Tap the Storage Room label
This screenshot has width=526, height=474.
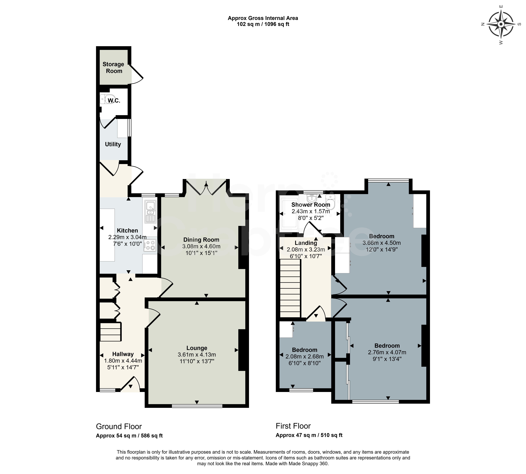point(113,67)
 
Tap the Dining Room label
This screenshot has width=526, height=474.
point(201,240)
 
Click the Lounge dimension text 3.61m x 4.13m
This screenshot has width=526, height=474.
point(197,354)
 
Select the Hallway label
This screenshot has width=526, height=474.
point(123,354)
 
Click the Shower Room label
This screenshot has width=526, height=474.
point(311,205)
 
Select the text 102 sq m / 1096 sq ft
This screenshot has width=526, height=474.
point(263,24)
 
